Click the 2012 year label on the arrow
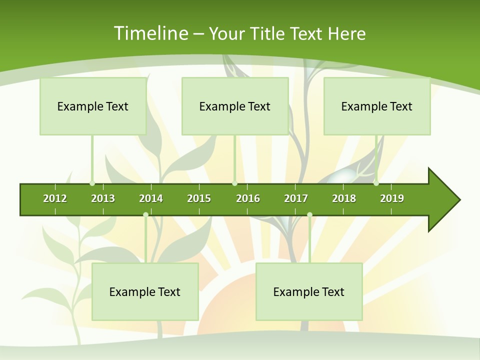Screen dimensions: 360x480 point(55,198)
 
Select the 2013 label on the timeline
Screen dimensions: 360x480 point(103,198)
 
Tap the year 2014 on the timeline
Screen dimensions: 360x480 point(151,198)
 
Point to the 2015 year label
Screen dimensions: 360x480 point(199,198)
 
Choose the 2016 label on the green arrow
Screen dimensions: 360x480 point(248,198)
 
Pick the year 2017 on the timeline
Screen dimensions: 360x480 point(296,198)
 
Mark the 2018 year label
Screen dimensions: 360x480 point(344,198)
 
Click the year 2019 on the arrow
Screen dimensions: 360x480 point(392,198)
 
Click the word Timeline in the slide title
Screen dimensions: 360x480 point(149,33)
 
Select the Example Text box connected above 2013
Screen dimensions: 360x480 point(93,106)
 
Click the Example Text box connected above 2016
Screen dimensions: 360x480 point(235,106)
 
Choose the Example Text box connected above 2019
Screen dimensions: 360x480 point(377,106)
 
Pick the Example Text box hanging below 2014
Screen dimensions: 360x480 point(145,291)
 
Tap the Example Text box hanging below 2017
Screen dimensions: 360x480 point(309,291)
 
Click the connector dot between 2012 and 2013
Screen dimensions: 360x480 point(92,183)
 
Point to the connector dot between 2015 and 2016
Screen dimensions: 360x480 point(234,183)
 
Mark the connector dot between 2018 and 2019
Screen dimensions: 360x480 point(376,183)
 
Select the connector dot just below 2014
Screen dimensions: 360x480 point(145,215)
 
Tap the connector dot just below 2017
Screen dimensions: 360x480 point(309,215)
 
